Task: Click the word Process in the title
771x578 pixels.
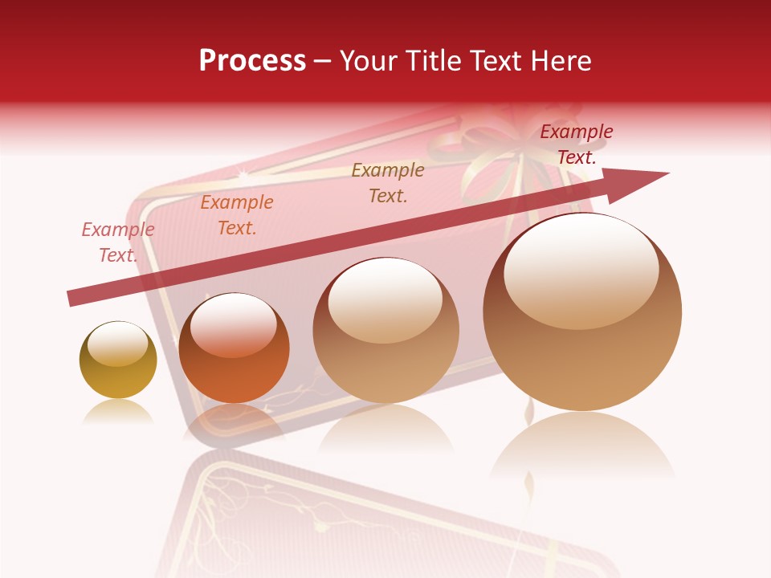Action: click(x=252, y=61)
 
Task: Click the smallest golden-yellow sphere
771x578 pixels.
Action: click(x=118, y=360)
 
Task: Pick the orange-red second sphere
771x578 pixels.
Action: click(x=234, y=348)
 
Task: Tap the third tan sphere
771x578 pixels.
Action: click(x=385, y=331)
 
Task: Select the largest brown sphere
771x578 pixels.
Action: click(x=582, y=311)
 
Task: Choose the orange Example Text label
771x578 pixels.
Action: click(x=237, y=215)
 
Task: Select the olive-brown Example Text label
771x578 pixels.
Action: click(x=388, y=183)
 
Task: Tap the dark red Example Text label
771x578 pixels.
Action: click(x=577, y=144)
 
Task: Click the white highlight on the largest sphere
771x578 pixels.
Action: click(x=581, y=269)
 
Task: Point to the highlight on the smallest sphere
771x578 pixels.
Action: click(x=117, y=344)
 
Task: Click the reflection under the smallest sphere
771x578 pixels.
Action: click(x=118, y=411)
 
